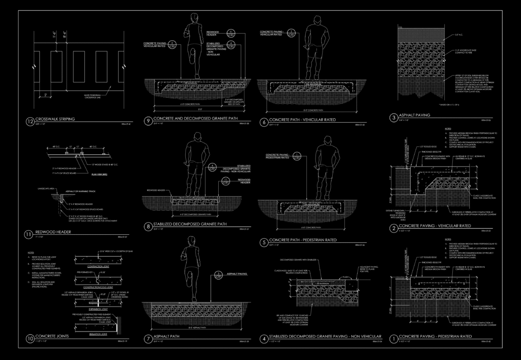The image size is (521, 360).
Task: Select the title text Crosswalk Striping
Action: point(55,119)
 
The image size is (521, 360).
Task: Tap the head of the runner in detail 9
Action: point(194,18)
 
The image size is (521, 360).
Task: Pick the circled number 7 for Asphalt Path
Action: point(148,338)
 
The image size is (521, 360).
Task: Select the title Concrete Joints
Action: point(52,337)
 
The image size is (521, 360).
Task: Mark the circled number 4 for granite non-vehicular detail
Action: point(264,338)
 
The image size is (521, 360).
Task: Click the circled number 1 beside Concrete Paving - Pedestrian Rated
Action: point(392,338)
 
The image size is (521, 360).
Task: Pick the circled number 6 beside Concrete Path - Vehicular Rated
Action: point(264,121)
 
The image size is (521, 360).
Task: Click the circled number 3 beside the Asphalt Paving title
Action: point(393,118)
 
